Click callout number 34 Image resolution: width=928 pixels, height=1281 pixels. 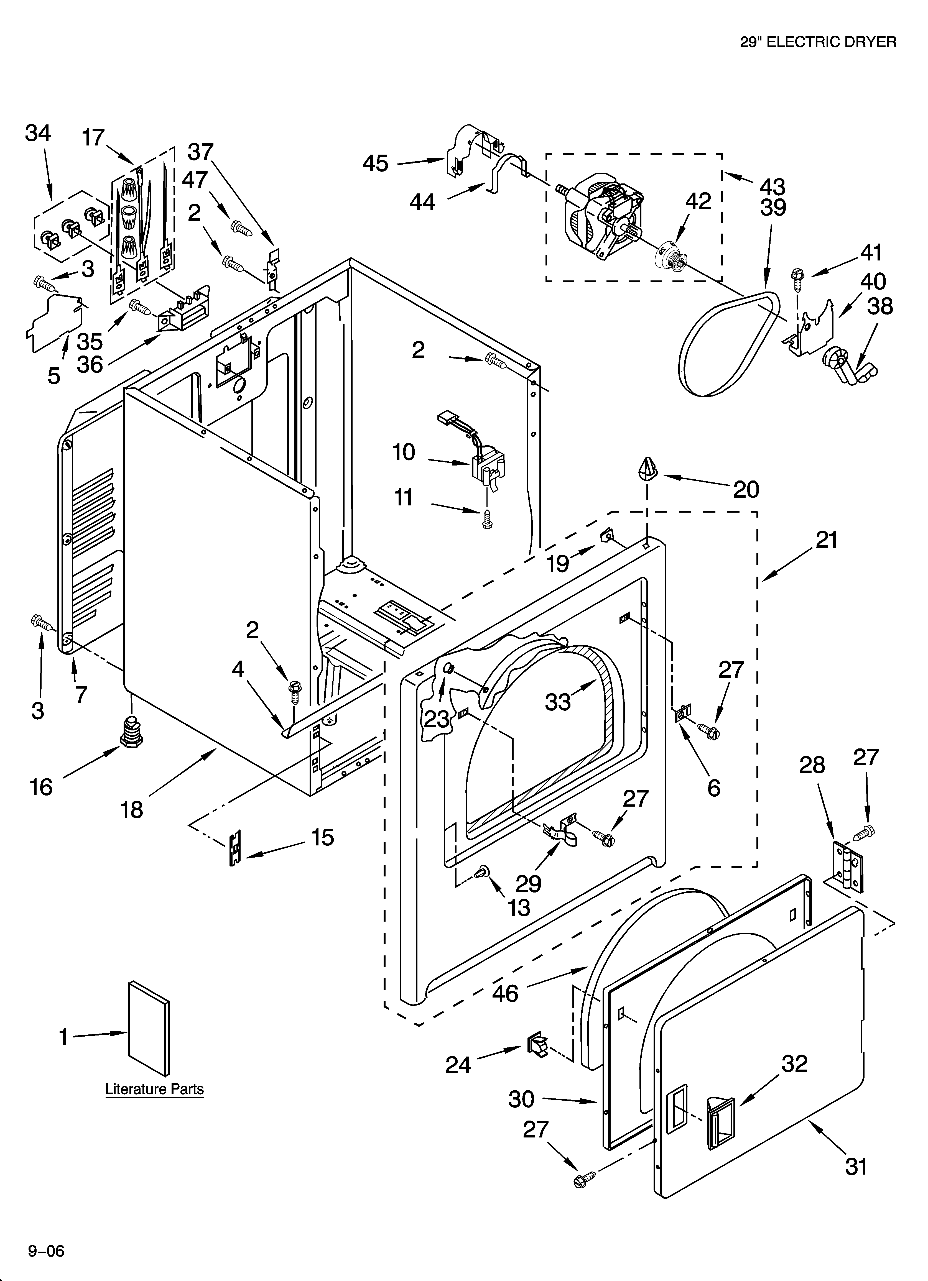(x=38, y=134)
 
